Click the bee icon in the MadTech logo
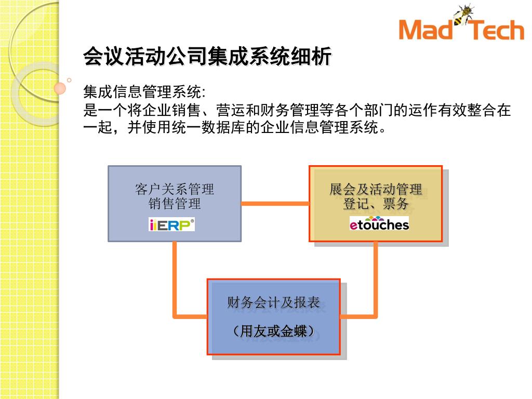click(463, 14)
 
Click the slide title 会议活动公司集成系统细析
click(207, 57)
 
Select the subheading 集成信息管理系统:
click(145, 93)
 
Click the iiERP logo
click(171, 224)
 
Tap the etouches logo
click(379, 224)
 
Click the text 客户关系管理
click(175, 189)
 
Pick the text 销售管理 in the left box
click(175, 204)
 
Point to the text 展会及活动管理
click(376, 189)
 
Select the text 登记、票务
click(376, 204)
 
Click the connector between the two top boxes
click(275, 203)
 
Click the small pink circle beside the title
click(60, 88)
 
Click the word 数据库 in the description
click(223, 127)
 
